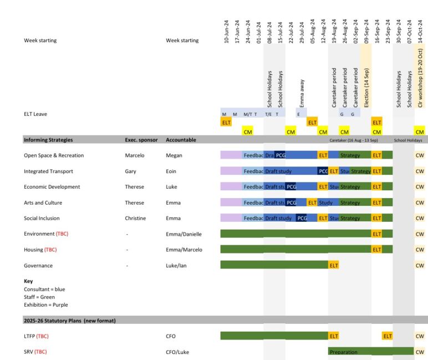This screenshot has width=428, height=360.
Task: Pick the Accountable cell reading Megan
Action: [174, 155]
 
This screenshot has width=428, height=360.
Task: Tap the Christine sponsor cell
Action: [135, 219]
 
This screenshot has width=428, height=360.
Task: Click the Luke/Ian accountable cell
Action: [177, 266]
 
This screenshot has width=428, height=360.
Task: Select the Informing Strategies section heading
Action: [48, 140]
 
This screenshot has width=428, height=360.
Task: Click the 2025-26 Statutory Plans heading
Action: [69, 320]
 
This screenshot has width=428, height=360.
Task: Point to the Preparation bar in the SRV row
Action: [344, 352]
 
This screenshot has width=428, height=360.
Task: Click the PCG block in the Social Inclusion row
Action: [302, 219]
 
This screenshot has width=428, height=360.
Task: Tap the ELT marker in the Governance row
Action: [334, 266]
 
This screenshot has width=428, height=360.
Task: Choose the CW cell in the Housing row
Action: [420, 250]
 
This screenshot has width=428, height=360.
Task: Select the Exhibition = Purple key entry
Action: [46, 305]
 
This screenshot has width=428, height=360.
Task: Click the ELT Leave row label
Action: [35, 114]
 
